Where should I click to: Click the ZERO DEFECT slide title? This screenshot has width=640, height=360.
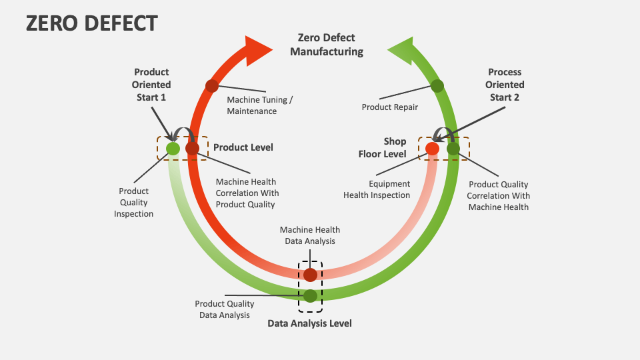tap(91, 24)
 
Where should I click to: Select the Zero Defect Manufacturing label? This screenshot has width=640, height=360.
tap(327, 45)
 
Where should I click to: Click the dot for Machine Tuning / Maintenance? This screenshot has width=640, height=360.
tap(212, 85)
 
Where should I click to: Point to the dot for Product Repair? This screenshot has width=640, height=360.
tap(437, 85)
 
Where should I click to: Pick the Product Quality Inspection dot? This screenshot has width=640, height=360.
tap(173, 149)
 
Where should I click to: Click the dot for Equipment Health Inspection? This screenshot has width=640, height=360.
tap(432, 149)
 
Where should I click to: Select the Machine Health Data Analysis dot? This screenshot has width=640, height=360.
tap(311, 275)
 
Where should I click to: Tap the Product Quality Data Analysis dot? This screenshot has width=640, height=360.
tap(311, 295)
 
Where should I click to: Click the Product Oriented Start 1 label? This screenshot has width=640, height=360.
tap(151, 85)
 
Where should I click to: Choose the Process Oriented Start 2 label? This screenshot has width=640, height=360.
tap(505, 85)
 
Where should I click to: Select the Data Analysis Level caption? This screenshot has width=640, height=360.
tap(309, 323)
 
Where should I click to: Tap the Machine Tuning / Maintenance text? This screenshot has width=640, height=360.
tap(260, 105)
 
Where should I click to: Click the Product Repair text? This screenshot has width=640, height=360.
tap(390, 107)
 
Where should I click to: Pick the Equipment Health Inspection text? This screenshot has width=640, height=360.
tap(377, 189)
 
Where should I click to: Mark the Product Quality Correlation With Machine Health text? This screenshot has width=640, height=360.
tap(498, 195)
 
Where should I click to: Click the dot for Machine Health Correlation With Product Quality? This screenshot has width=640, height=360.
tap(192, 149)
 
